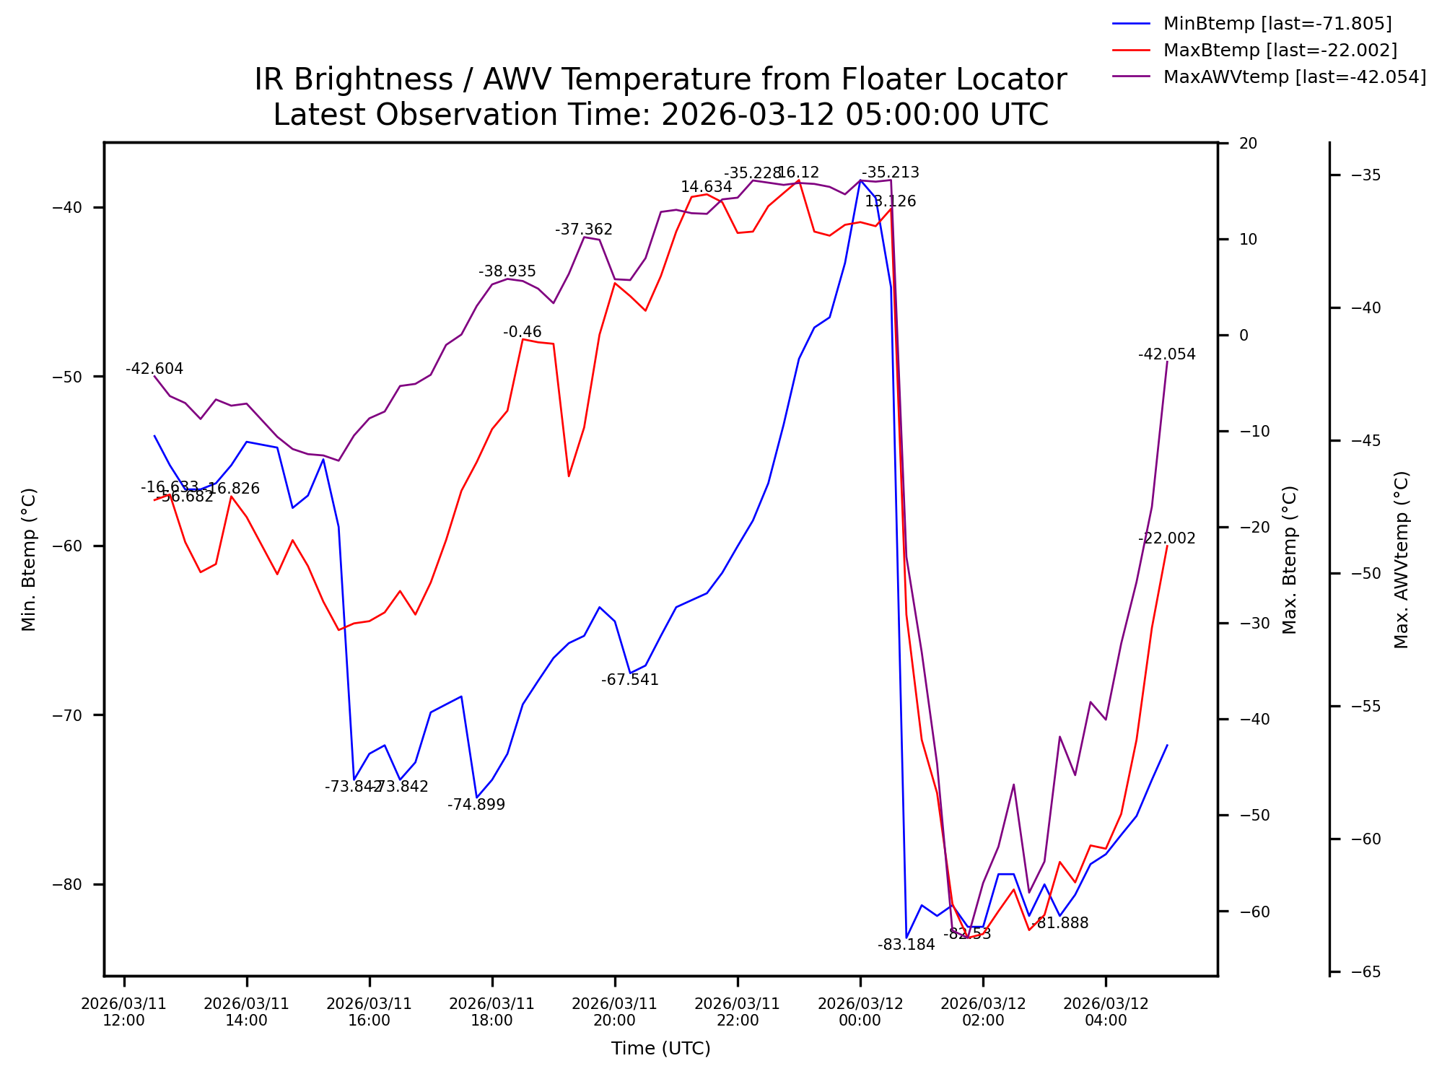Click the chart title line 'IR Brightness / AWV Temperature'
pos(660,79)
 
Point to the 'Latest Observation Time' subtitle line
pos(660,115)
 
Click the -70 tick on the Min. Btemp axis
pos(67,715)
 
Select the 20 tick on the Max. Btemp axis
pos(1249,144)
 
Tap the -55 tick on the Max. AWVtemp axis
pos(1365,707)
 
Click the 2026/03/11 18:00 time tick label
pos(491,1012)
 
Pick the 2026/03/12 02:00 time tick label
pos(982,1012)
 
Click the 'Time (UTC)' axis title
pos(660,1049)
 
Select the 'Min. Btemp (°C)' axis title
pos(29,559)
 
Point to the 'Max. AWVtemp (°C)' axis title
pos(1402,559)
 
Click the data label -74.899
pos(476,805)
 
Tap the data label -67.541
pos(630,680)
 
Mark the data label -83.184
pos(906,945)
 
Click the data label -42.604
pos(154,369)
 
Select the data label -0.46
pos(522,332)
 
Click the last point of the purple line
pos(1167,362)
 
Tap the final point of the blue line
pos(1167,745)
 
